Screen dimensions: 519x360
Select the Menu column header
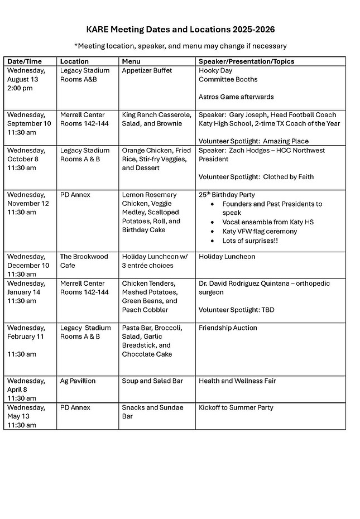131,61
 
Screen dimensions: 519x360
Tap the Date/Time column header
24,61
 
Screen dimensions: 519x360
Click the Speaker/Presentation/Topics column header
246,61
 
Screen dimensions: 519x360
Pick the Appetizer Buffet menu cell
147,70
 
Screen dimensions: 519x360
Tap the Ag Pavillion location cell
78,381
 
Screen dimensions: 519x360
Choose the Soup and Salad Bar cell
152,381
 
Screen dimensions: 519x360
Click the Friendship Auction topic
228,328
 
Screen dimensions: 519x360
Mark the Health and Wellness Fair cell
237,381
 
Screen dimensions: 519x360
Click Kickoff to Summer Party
236,408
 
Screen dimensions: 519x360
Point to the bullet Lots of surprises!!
249,240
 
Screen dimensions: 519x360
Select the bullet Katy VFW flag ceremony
260,231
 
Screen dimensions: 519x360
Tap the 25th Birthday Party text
227,195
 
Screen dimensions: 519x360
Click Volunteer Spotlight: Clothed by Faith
256,177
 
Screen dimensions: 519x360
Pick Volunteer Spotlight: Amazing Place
253,141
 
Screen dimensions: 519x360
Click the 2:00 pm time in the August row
20,88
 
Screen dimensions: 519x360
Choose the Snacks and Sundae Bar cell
152,412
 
